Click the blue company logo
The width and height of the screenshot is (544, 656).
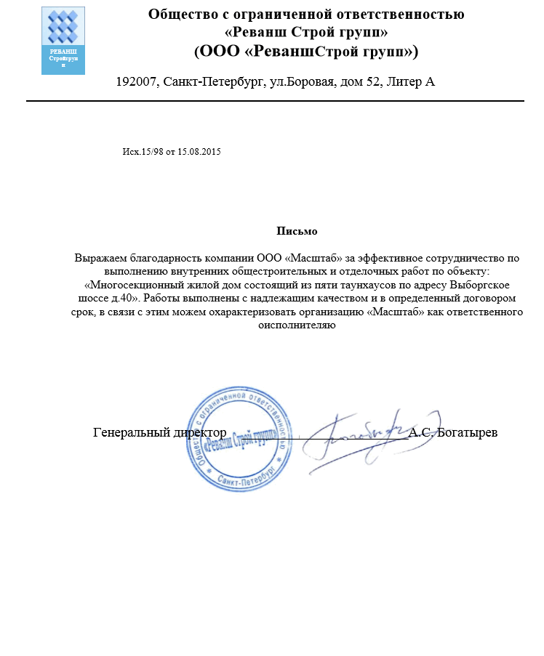tap(63, 40)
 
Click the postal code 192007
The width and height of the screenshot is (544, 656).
tap(137, 81)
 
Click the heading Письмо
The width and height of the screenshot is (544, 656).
tap(297, 231)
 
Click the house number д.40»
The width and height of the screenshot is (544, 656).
tap(126, 299)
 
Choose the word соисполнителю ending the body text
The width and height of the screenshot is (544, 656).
tap(297, 325)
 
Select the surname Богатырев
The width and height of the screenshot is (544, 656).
tap(468, 432)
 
